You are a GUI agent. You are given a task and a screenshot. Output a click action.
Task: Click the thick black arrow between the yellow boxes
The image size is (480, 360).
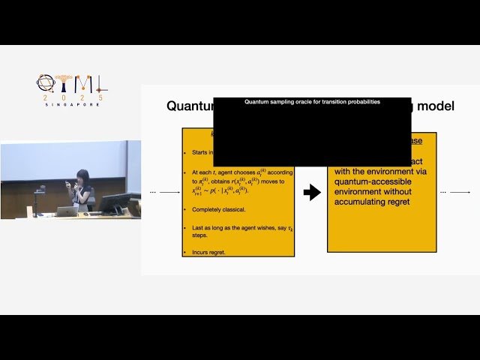click(311, 193)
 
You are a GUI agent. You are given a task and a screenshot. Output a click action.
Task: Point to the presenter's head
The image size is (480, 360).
click(83, 176)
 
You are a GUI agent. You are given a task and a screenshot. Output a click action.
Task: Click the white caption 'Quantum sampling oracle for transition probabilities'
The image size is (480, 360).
click(312, 101)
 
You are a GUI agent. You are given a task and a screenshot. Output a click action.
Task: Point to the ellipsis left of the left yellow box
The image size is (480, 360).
click(153, 193)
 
